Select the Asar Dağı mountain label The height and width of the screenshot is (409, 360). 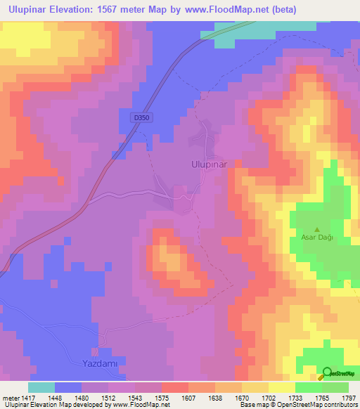point(316,238)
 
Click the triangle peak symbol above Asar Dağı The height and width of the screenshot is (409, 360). point(316,229)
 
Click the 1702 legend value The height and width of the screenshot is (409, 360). point(255,398)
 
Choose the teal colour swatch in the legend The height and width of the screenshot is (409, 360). point(41,387)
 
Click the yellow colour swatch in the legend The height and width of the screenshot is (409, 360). point(281,387)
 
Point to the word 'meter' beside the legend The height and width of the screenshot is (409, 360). point(10,398)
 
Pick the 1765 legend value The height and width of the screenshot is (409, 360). point(310,398)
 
